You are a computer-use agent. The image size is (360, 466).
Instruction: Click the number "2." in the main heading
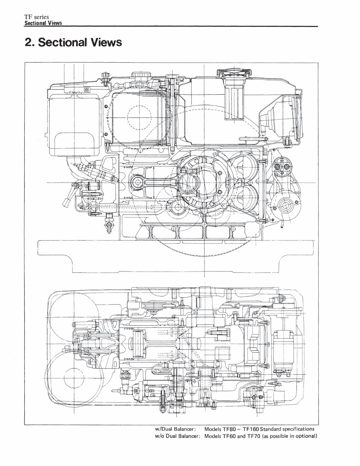tap(31, 42)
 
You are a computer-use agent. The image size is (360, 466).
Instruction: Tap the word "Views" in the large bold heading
tap(104, 42)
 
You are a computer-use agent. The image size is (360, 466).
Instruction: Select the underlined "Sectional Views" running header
tap(43, 23)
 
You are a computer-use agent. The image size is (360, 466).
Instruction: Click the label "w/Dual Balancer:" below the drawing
tap(176, 429)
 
